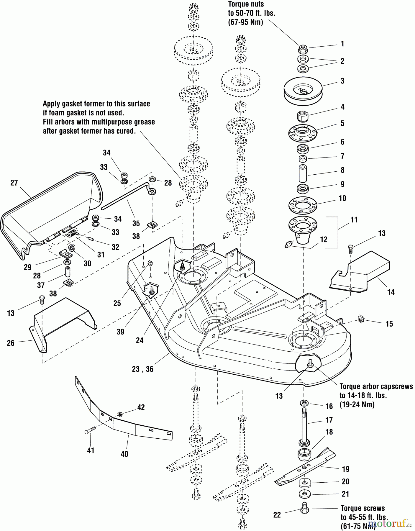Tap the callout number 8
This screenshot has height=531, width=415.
[342, 170]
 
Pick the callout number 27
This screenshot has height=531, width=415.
[14, 183]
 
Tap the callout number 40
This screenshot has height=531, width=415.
[124, 454]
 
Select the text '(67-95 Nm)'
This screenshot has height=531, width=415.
[245, 22]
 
